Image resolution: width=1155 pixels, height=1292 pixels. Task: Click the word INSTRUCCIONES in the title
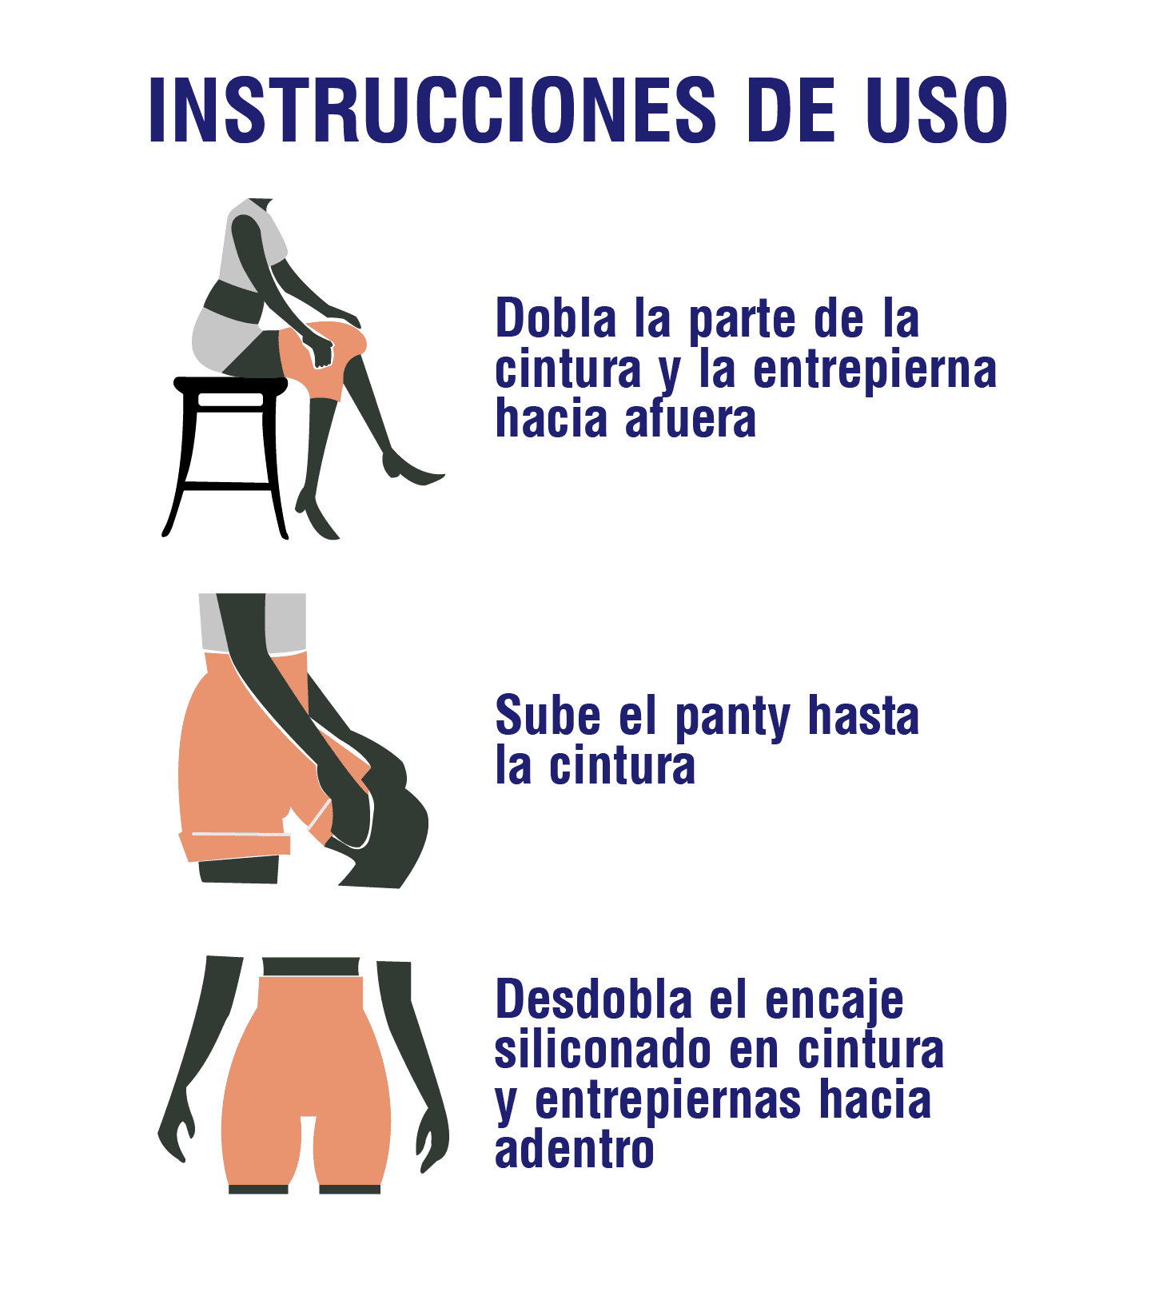432,110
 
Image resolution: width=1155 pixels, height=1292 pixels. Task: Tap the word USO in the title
938,110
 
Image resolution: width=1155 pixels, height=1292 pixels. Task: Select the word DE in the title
791,110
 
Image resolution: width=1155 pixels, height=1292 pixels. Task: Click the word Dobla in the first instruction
556,318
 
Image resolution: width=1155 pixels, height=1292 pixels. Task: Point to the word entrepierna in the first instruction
875,369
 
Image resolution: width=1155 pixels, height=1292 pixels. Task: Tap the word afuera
691,419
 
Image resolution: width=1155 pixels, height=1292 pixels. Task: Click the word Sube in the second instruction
548,715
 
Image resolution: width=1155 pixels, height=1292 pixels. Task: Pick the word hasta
863,715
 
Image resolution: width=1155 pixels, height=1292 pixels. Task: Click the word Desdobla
594,999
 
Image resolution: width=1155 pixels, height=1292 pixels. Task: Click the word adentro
575,1150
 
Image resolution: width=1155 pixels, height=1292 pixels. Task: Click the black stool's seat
230,385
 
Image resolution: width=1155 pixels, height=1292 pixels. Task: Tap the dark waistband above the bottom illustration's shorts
311,967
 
